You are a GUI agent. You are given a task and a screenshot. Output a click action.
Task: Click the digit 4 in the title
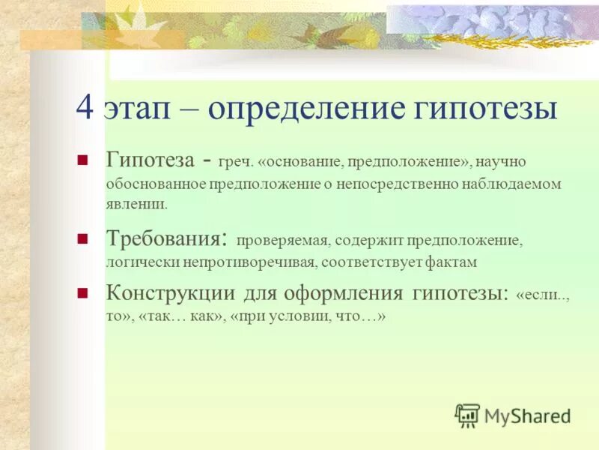click(85, 109)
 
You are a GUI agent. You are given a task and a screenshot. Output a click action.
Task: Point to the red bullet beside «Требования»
click(83, 238)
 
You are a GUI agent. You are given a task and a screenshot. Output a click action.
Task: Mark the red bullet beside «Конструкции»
click(83, 292)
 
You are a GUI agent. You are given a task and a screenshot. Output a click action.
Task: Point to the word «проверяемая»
click(283, 241)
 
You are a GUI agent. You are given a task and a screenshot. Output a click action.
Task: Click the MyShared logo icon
click(468, 415)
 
